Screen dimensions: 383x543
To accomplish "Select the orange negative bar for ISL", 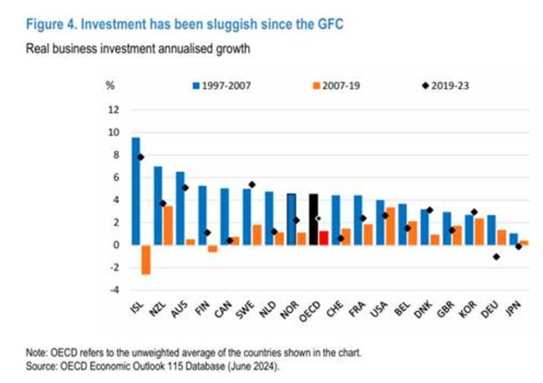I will (145, 260).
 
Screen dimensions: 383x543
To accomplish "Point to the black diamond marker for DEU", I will (495, 257).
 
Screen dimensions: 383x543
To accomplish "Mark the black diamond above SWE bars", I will (252, 184).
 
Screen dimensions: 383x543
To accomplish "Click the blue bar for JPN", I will (514, 239).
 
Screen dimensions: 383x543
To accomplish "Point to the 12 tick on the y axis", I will (114, 109).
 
